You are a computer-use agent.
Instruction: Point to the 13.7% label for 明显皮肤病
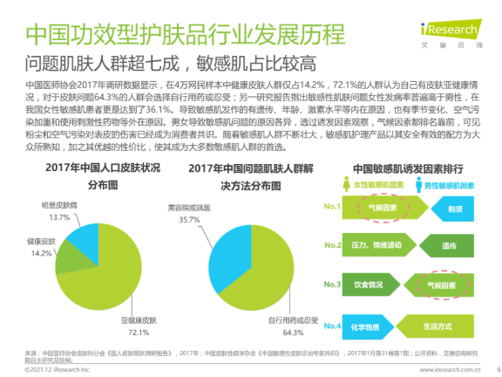click(x=60, y=216)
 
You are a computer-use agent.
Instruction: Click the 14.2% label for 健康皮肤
click(x=39, y=253)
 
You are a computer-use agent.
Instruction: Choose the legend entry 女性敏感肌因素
click(x=385, y=187)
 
